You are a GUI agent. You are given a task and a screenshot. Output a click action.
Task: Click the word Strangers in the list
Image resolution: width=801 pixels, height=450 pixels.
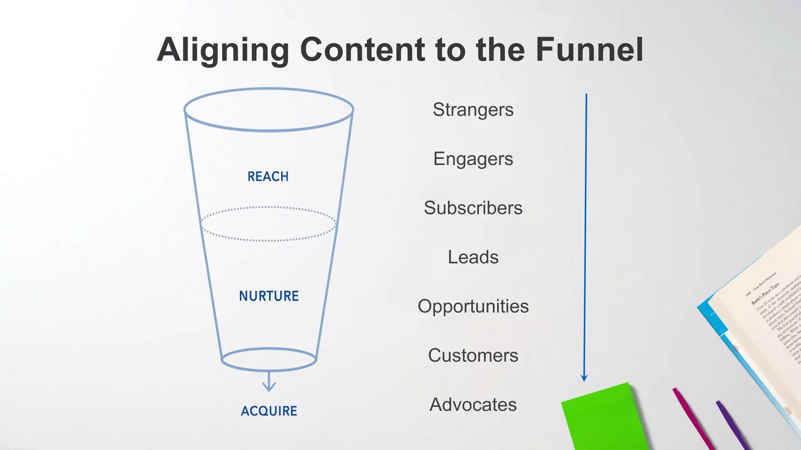point(473,110)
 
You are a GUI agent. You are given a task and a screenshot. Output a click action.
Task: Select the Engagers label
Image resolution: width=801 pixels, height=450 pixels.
point(473,159)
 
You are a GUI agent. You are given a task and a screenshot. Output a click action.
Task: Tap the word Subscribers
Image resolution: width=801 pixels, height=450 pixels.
point(473,208)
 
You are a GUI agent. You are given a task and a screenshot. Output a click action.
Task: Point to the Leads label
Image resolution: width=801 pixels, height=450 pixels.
point(473,257)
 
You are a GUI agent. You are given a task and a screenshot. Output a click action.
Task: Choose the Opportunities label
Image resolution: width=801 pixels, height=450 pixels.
point(473,306)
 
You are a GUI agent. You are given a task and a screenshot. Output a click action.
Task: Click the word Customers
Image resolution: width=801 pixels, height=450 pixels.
point(473,355)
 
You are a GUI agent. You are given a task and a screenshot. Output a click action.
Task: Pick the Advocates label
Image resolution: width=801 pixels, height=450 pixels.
point(473,405)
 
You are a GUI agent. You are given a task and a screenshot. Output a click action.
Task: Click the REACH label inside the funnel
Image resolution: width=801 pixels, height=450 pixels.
point(268,177)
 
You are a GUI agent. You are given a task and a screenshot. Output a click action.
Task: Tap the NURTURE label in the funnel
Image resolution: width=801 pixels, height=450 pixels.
point(269,296)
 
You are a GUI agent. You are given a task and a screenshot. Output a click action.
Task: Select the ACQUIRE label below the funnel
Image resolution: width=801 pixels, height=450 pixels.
point(269,411)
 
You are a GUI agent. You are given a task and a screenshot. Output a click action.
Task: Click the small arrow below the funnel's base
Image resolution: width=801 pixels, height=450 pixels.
point(269,383)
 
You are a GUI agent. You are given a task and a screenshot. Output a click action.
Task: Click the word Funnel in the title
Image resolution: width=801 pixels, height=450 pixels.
point(589,50)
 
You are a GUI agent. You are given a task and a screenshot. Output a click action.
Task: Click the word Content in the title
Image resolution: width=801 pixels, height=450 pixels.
point(363,50)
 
